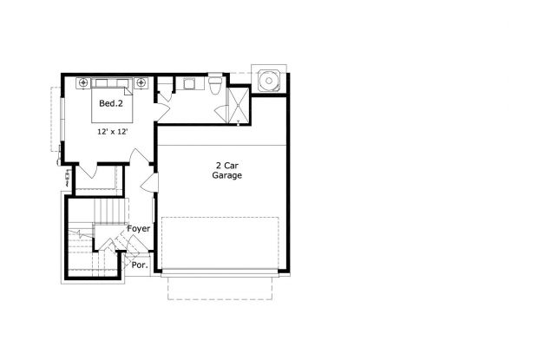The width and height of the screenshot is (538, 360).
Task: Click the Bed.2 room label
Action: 110,105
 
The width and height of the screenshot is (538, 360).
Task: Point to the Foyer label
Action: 139,229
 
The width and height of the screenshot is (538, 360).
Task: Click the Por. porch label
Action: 139,265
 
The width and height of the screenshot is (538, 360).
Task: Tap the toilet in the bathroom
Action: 213,84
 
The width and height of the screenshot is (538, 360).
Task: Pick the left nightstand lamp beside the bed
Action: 83,83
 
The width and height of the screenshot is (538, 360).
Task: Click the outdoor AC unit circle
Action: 267,79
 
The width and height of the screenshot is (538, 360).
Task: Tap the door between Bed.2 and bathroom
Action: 162,95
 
